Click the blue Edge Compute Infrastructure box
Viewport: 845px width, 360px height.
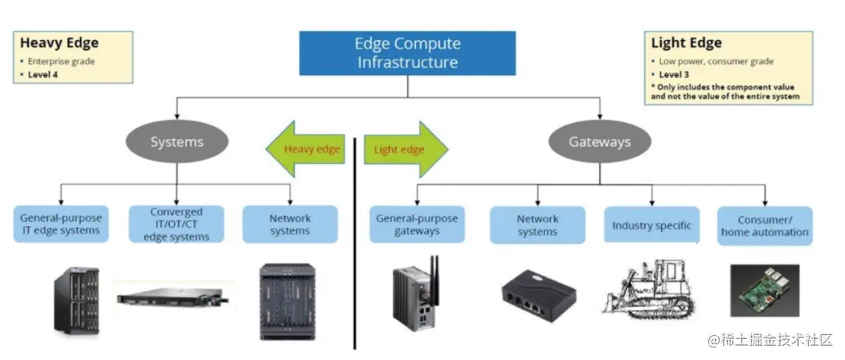click(x=408, y=53)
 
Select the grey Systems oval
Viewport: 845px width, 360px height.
click(x=177, y=142)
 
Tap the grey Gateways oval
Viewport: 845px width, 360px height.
click(x=599, y=142)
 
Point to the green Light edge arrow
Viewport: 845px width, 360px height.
click(x=405, y=149)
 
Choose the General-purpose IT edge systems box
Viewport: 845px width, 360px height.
click(x=59, y=224)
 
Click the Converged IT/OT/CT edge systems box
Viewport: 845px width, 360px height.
click(x=176, y=224)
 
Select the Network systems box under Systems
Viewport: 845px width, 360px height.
click(x=290, y=224)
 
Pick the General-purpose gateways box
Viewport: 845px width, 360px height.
click(x=417, y=224)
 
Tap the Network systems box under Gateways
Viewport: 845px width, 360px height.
click(x=538, y=225)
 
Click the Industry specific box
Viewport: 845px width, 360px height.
click(x=651, y=225)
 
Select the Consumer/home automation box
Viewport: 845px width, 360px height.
click(x=764, y=225)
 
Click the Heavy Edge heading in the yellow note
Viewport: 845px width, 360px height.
click(x=59, y=43)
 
